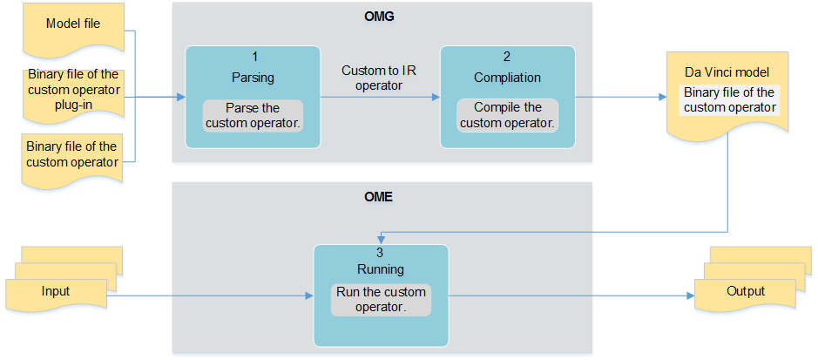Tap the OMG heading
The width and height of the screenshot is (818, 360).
pyautogui.click(x=379, y=17)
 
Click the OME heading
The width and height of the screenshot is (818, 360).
pyautogui.click(x=379, y=197)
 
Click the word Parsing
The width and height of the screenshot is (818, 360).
pyautogui.click(x=253, y=78)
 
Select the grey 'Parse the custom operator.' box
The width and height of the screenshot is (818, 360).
pyautogui.click(x=253, y=116)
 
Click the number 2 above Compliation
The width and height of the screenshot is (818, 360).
pyautogui.click(x=508, y=56)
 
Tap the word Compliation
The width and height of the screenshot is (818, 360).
pyautogui.click(x=507, y=78)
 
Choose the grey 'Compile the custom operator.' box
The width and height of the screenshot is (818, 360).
pyautogui.click(x=508, y=116)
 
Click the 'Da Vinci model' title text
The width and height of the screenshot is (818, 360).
pyautogui.click(x=729, y=71)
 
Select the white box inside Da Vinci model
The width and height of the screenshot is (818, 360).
pyautogui.click(x=729, y=100)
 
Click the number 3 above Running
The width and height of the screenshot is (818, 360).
pyautogui.click(x=381, y=253)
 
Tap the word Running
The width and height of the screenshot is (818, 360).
pyautogui.click(x=381, y=269)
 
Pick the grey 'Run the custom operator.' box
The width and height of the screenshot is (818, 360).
pyautogui.click(x=381, y=300)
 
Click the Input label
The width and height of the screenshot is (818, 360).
pyautogui.click(x=56, y=290)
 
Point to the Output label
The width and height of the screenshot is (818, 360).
pyautogui.click(x=746, y=290)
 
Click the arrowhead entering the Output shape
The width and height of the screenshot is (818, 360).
pyautogui.click(x=690, y=295)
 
